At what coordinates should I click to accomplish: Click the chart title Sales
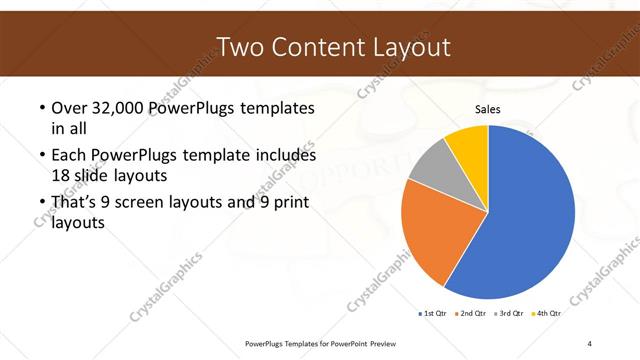pyautogui.click(x=487, y=110)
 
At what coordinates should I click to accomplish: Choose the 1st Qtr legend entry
pyautogui.click(x=432, y=313)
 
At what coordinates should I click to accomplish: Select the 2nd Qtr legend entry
pyautogui.click(x=473, y=313)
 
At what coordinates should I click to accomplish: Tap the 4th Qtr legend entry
pyautogui.click(x=545, y=313)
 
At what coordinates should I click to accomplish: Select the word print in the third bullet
pyautogui.click(x=290, y=204)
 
